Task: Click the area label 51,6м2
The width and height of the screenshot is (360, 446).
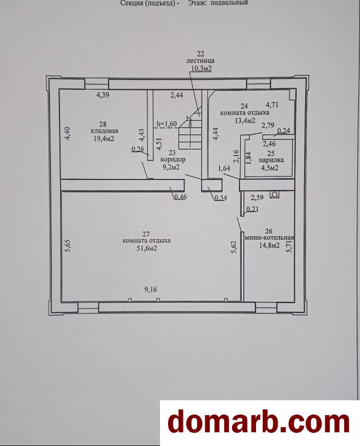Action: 147,248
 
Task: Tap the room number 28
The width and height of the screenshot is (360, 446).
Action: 103,124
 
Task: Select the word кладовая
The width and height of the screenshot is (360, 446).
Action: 105,131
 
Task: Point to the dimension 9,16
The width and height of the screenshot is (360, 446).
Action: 151,289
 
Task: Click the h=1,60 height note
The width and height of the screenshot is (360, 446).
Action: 167,124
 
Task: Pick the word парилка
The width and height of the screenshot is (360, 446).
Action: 271,160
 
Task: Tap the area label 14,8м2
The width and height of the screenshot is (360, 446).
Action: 269,245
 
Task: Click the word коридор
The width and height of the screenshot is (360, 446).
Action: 173,160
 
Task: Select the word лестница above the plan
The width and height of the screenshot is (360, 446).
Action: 200,61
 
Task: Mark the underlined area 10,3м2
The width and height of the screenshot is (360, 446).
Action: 201,68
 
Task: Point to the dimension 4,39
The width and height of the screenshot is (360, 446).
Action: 103,95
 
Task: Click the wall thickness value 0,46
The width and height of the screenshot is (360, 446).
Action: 180,196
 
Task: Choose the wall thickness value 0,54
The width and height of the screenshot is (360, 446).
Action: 221,198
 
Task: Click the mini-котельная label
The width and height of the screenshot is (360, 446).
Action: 269,237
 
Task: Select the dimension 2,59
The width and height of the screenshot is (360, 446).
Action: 257,197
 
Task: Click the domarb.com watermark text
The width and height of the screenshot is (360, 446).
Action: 258,423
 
